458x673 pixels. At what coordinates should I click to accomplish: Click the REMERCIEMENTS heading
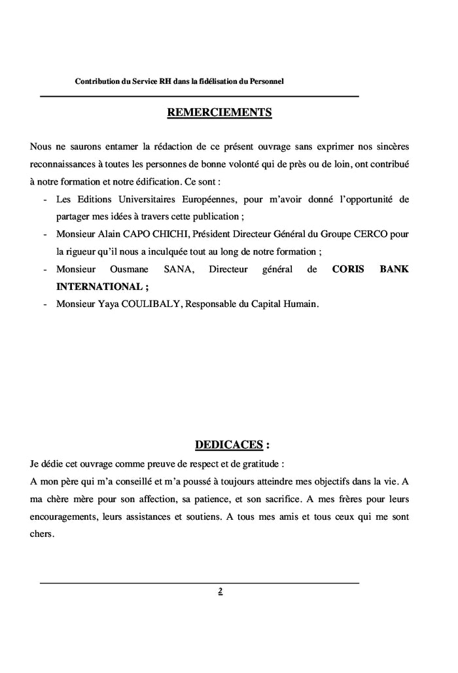click(219, 113)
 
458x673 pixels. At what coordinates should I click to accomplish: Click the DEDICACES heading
click(228, 445)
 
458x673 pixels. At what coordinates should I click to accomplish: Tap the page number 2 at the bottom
click(220, 591)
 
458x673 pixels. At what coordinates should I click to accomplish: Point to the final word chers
click(43, 534)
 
